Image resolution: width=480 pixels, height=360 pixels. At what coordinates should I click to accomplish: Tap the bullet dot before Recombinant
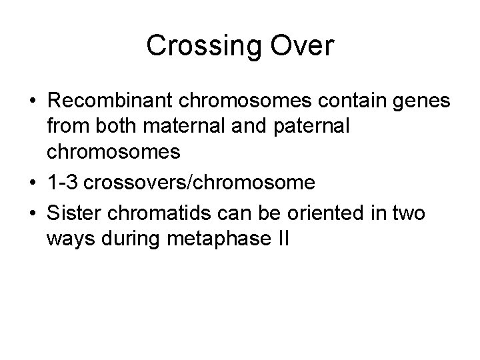pyautogui.click(x=31, y=104)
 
